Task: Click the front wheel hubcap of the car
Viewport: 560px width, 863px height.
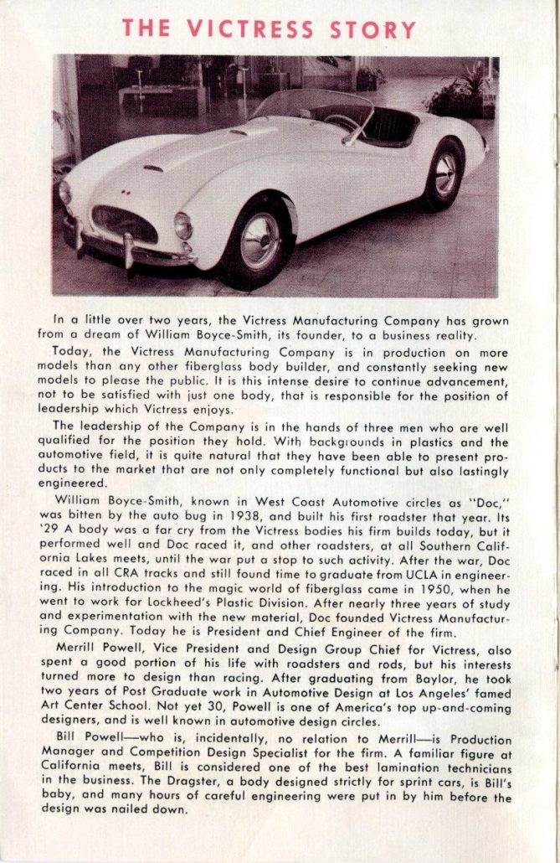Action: pos(261,241)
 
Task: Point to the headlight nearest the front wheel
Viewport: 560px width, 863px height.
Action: pos(183,225)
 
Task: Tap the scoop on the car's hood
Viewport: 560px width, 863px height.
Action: pos(154,168)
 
